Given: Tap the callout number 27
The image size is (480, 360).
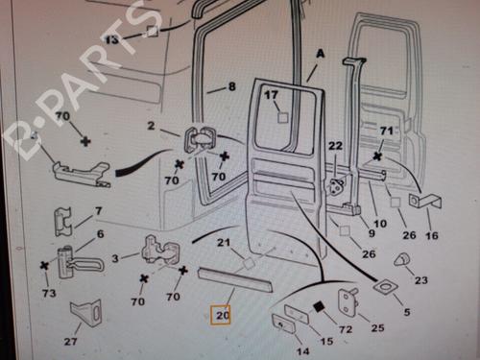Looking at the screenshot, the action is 70,342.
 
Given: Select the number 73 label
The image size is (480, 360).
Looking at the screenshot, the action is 49,293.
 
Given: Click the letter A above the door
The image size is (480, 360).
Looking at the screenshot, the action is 321,54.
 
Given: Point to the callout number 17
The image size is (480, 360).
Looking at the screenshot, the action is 271,95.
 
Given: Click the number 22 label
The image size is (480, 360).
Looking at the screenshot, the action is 335,146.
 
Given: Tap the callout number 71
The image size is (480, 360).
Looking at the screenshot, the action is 386,131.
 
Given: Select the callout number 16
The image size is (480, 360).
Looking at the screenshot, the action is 432,236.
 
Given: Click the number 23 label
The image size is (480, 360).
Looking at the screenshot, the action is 421,280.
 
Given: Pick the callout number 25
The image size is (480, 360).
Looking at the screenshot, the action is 377,327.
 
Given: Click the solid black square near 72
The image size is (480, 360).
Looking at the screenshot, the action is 319,307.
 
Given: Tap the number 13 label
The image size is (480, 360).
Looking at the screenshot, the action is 111,40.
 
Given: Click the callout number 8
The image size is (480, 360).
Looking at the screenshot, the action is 232,86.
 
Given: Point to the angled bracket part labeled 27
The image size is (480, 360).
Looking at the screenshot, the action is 86,313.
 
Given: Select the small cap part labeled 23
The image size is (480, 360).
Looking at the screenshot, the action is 402,259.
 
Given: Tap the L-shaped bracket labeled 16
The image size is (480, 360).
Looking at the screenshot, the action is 426,202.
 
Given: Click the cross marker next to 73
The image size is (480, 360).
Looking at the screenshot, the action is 44,265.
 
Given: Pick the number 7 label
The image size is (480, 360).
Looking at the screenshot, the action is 98,211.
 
